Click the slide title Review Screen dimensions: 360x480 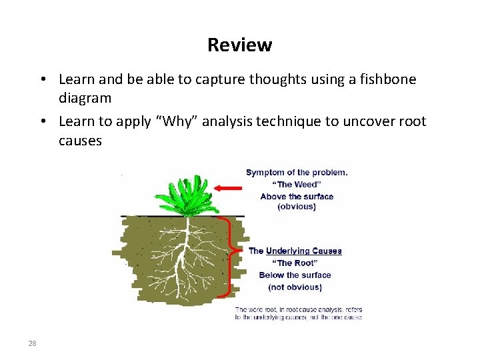click(239, 45)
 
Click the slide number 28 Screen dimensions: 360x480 click(32, 343)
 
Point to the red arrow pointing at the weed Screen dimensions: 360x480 click(230, 188)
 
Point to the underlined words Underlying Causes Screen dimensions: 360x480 click(303, 251)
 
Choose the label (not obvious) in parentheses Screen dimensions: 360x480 click(295, 287)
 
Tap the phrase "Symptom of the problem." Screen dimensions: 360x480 click(297, 172)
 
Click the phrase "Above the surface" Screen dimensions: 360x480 click(297, 196)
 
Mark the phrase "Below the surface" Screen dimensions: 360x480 click(295, 275)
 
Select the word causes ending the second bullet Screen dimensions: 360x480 click(80, 141)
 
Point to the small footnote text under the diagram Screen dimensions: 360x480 click(298, 314)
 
